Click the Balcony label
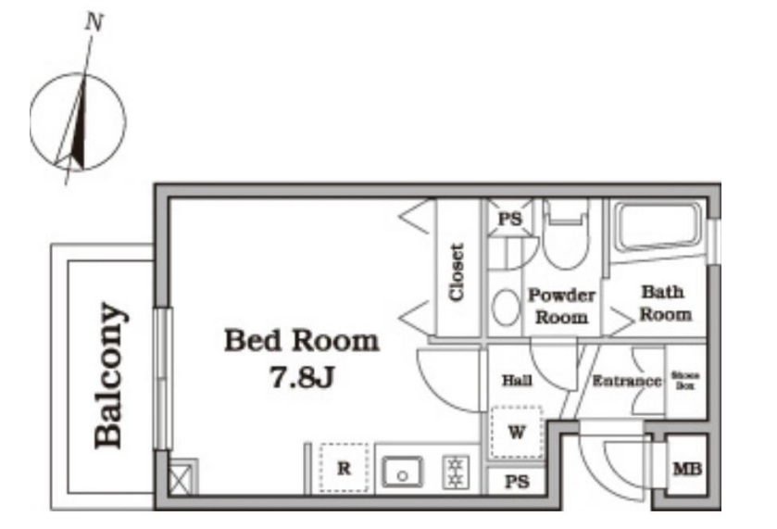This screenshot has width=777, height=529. (x=109, y=375)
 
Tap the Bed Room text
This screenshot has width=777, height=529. (x=302, y=341)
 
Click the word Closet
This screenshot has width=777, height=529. (x=457, y=272)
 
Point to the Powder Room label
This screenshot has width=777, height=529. (x=562, y=306)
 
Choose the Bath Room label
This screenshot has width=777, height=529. (x=665, y=303)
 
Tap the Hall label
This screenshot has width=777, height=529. (x=517, y=381)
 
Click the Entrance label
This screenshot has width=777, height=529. (x=627, y=381)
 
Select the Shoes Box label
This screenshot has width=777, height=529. (x=684, y=380)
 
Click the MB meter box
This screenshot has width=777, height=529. (x=687, y=469)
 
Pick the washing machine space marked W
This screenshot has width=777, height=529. (x=517, y=432)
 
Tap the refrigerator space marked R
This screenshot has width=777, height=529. (x=344, y=468)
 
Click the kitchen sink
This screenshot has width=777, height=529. (x=402, y=472)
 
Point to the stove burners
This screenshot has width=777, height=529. (x=455, y=472)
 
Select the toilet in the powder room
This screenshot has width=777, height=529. (x=566, y=234)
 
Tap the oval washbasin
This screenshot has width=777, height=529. (x=506, y=308)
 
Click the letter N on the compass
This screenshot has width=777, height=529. (x=94, y=22)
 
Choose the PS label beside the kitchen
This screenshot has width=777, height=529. (x=517, y=482)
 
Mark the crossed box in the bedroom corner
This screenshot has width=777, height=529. (x=182, y=477)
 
